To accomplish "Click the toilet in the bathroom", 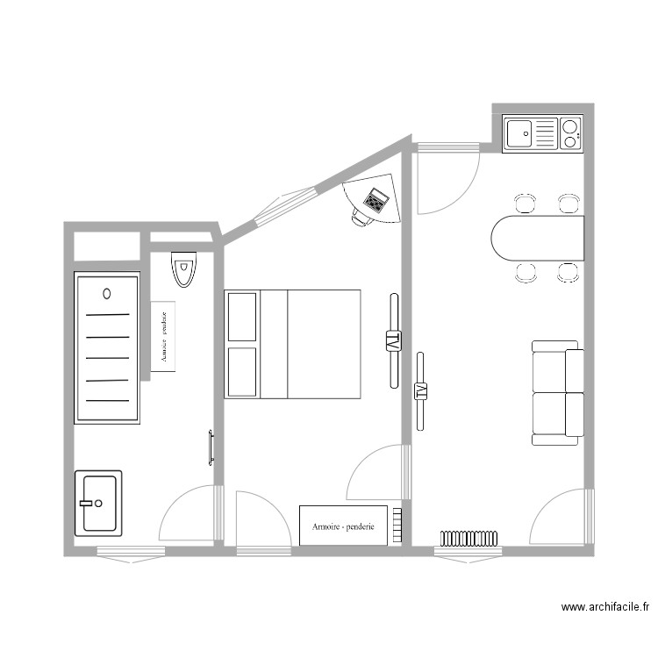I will [183, 269].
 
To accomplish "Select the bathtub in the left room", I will [107, 348].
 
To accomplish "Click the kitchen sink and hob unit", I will [542, 134].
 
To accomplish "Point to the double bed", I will [293, 344].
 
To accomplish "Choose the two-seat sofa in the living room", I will [557, 392].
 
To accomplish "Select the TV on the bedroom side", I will [393, 340].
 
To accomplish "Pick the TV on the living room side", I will [422, 390].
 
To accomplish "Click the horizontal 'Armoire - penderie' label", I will [343, 526].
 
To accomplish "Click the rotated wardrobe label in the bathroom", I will [163, 337].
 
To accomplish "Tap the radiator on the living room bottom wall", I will [468, 537].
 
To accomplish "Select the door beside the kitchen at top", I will [446, 182].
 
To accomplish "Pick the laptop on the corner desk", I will [376, 200].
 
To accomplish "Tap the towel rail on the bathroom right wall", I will [211, 447].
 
